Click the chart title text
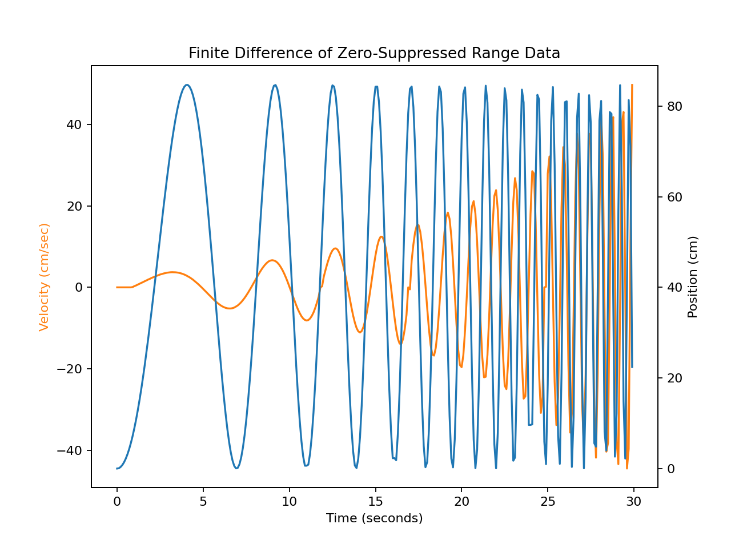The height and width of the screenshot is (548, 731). (x=374, y=54)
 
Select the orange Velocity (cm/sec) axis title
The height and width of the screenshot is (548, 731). (x=44, y=277)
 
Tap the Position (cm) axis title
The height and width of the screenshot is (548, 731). (x=693, y=277)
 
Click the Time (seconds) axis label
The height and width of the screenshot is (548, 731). (x=374, y=518)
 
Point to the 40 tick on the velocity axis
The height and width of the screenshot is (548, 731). (x=75, y=124)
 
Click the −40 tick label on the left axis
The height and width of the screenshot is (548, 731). (x=71, y=450)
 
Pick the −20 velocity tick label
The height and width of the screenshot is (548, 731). (x=71, y=369)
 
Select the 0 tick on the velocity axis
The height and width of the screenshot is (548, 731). (x=79, y=287)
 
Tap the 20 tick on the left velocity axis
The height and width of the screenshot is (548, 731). (x=75, y=206)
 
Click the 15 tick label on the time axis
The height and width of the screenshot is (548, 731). (x=375, y=502)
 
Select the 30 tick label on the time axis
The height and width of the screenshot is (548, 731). (x=634, y=502)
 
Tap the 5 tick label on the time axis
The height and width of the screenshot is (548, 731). (x=203, y=502)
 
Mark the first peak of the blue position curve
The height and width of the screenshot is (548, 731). (x=187, y=85)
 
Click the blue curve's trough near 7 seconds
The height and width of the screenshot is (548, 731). (x=236, y=468)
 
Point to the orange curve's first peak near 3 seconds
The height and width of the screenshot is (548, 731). (x=172, y=272)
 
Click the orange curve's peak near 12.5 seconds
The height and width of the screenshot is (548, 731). (x=335, y=248)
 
